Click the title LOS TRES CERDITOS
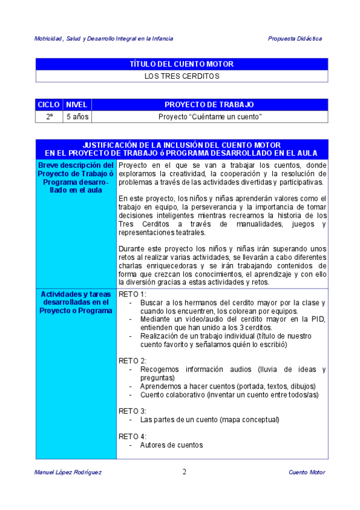point(182,76)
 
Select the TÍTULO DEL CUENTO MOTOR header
point(182,64)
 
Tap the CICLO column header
point(49,105)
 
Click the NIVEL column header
point(77,105)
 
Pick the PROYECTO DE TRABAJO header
point(209,105)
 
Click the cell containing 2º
point(49,117)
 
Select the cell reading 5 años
point(77,117)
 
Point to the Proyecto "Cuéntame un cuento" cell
point(209,117)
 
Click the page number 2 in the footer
point(184,472)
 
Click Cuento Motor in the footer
point(307,473)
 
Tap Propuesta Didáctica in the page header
point(294,38)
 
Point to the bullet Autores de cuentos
point(171,445)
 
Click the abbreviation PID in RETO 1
point(318,319)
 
